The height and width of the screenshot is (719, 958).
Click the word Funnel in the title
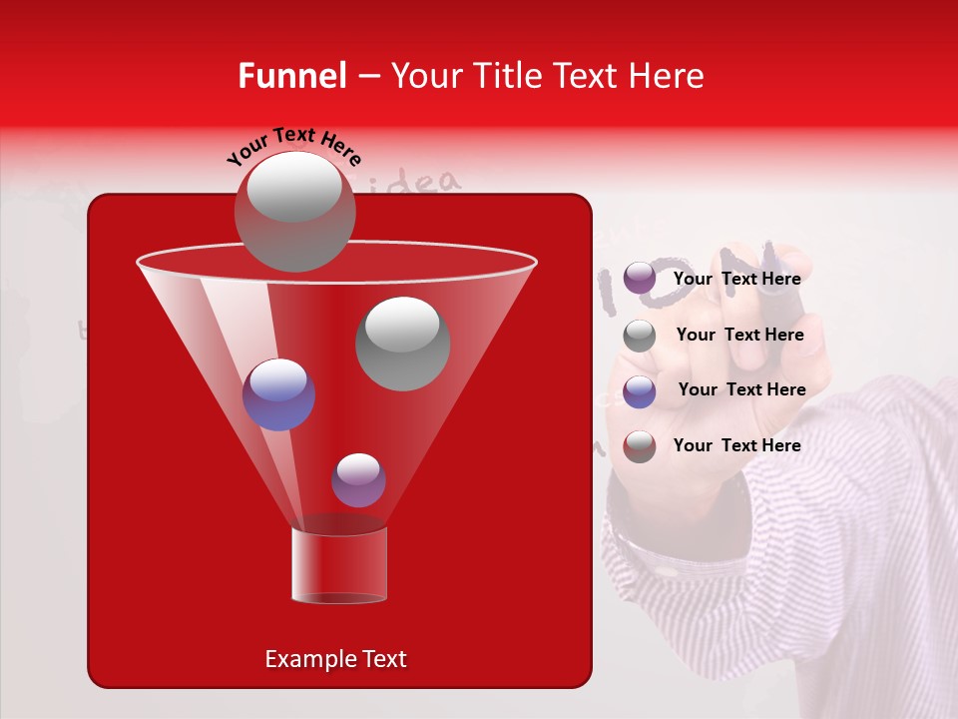(291, 76)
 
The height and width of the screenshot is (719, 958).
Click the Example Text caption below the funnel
(335, 659)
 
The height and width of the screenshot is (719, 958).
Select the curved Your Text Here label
(294, 147)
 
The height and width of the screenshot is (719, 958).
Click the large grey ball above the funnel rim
(294, 211)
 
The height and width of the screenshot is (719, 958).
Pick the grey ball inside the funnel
(402, 344)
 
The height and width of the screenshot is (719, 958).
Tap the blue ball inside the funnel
(278, 394)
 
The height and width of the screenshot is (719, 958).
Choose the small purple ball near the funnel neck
(358, 480)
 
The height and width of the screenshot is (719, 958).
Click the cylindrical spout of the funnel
(338, 565)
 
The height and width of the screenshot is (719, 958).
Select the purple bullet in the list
(640, 279)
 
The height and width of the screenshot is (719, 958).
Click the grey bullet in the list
(640, 336)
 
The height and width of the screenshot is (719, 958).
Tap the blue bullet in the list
(640, 391)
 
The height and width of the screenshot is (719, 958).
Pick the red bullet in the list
(640, 446)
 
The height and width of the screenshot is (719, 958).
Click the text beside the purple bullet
(736, 279)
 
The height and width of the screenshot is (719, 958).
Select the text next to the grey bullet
(739, 335)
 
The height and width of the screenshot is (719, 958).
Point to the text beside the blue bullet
(741, 389)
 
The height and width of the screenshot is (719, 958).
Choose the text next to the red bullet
(736, 445)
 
